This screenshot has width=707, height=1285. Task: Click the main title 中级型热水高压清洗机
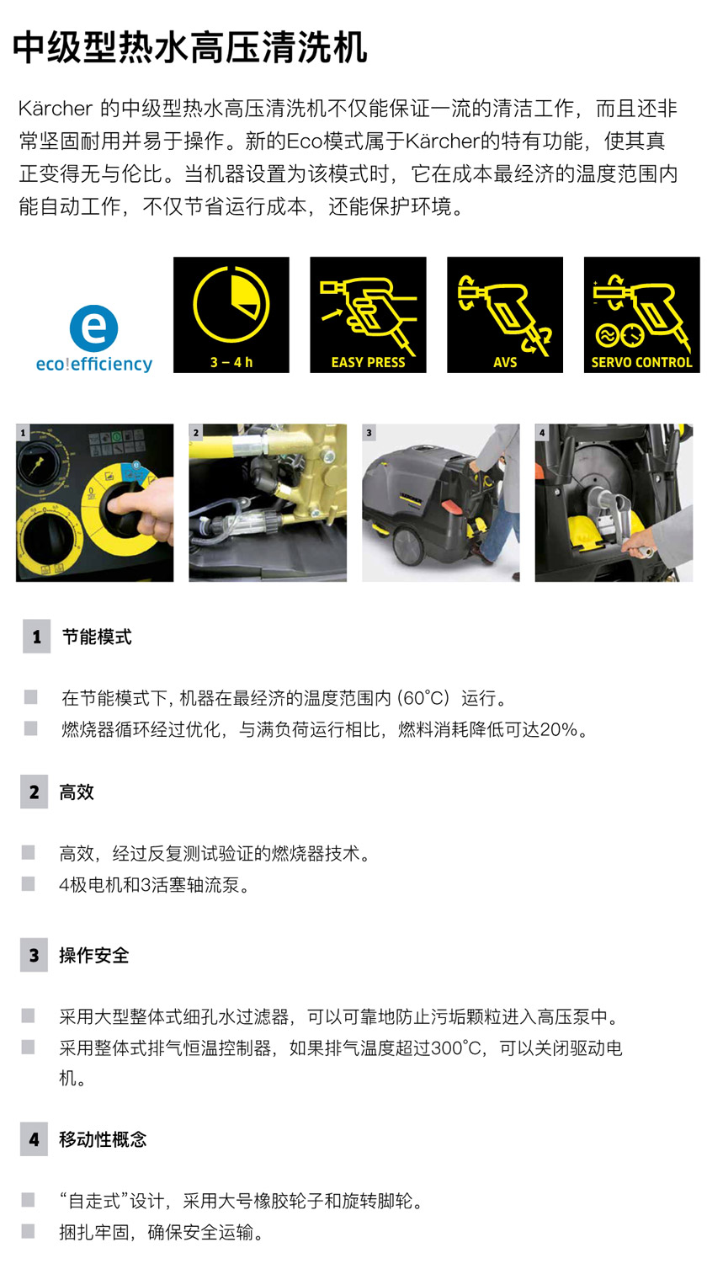(190, 48)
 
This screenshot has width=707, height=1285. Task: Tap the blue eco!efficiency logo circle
(94, 329)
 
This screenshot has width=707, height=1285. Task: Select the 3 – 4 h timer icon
(231, 315)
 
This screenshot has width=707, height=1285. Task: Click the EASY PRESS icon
(368, 315)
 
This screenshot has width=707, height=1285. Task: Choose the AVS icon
(505, 315)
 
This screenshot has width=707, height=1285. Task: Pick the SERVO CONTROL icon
(641, 315)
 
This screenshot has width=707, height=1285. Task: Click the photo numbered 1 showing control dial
(94, 503)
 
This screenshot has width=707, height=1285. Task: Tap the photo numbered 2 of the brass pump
(268, 503)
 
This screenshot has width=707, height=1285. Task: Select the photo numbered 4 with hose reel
(614, 503)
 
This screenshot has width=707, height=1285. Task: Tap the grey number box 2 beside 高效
(35, 792)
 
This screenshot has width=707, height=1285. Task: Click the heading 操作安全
(94, 956)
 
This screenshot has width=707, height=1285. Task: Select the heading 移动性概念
(103, 1139)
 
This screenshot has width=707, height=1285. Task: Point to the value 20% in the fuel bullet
(559, 730)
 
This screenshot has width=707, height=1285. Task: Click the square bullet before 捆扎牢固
(29, 1233)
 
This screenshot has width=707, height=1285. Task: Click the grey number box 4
(35, 1139)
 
